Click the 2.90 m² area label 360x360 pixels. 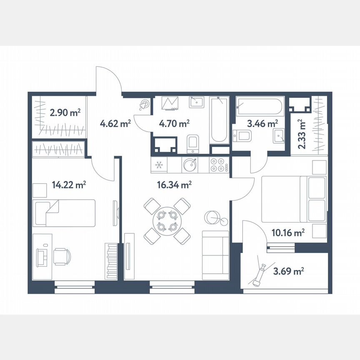click(x=65, y=112)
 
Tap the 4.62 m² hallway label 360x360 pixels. click(x=115, y=123)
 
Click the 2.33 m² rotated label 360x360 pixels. click(x=302, y=134)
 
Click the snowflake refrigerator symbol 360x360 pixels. click(x=159, y=165)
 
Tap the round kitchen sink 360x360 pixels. click(x=190, y=165)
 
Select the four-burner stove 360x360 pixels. click(x=217, y=165)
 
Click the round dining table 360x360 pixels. click(x=167, y=221)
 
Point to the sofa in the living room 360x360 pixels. click(x=215, y=255)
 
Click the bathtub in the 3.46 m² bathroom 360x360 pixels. click(x=259, y=107)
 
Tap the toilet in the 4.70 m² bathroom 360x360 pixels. click(x=193, y=142)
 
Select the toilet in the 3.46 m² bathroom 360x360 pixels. click(x=242, y=135)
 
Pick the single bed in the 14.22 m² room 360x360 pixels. click(x=65, y=212)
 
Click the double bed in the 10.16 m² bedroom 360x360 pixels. click(x=293, y=199)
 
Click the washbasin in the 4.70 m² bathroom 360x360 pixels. click(x=196, y=102)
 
